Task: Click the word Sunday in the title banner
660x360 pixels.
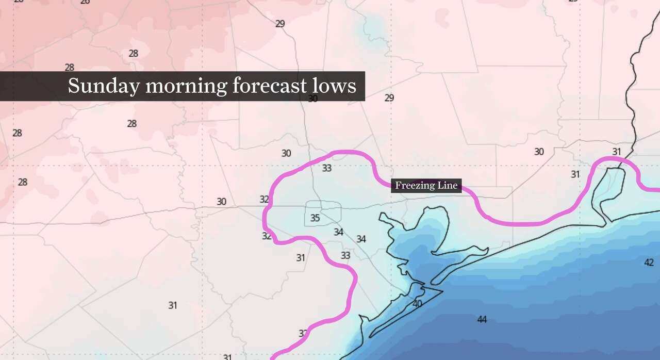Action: point(103,86)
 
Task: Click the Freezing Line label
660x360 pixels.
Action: point(426,186)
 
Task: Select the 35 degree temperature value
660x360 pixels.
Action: point(315,218)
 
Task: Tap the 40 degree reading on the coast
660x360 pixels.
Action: point(417,304)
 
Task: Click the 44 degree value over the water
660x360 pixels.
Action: point(482,320)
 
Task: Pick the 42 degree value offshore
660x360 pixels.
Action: point(649,263)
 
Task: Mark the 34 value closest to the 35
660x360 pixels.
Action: point(338,232)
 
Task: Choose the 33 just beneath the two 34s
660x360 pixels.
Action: point(345,255)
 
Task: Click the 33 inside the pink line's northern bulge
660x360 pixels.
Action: point(327,168)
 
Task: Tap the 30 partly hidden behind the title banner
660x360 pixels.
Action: point(313,99)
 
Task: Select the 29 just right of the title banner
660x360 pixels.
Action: point(389,98)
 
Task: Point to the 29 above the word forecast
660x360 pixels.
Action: point(280,24)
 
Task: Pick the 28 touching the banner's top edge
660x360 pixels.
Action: point(70,68)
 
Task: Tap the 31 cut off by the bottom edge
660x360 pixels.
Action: point(227,357)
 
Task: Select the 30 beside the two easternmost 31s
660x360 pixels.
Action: point(539,152)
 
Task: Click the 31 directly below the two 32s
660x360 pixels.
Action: point(301,258)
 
